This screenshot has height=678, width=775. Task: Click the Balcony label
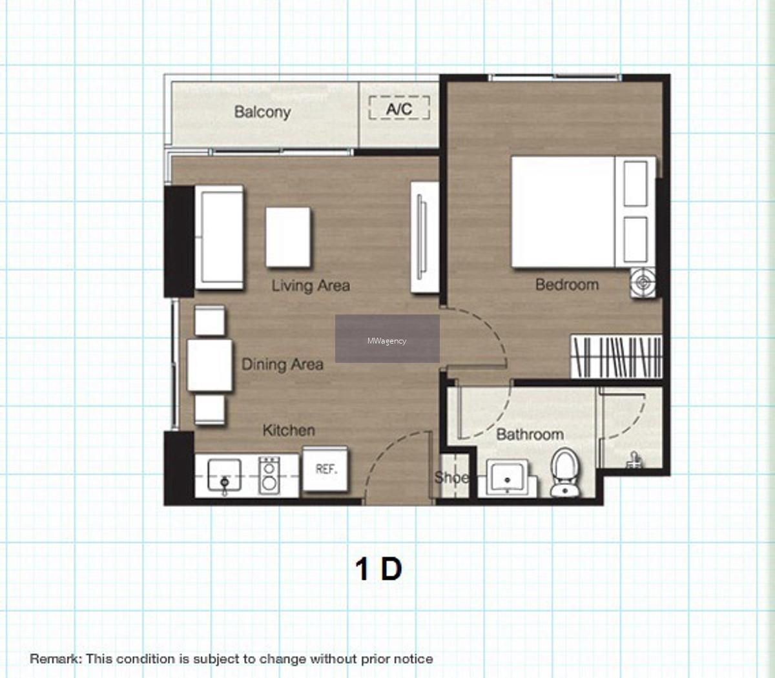click(262, 112)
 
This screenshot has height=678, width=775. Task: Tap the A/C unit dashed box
click(399, 108)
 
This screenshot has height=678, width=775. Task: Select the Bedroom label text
click(567, 285)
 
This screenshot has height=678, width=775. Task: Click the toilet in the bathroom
click(565, 472)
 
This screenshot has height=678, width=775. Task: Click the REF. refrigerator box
click(325, 469)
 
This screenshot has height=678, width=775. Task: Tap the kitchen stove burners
click(269, 476)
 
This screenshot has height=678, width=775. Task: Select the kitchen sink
click(224, 475)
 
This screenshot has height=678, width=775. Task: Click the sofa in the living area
click(219, 237)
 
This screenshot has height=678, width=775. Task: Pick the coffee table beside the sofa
click(288, 237)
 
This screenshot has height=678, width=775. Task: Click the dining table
click(209, 365)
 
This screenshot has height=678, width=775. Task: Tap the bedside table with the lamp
click(643, 283)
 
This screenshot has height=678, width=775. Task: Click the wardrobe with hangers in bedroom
click(616, 356)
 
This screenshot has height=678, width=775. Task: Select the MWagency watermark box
click(387, 338)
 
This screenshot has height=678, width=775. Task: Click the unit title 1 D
click(379, 570)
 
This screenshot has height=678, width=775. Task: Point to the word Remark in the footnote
click(56, 659)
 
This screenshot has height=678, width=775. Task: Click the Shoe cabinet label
click(451, 477)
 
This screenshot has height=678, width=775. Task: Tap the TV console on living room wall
click(425, 237)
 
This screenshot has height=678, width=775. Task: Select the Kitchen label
click(289, 430)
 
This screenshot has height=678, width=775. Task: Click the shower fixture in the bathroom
click(634, 460)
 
